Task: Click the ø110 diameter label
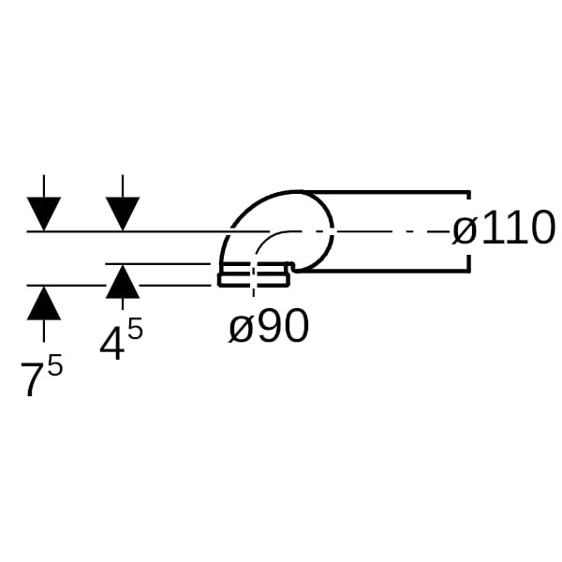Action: [x=504, y=228]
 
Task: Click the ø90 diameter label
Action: [x=269, y=326]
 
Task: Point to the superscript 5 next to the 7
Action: [x=55, y=364]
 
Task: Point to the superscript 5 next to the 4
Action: [x=135, y=329]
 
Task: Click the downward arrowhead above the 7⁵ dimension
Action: [x=44, y=214]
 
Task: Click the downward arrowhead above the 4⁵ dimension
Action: [x=123, y=214]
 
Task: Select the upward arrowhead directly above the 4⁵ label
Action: [x=123, y=281]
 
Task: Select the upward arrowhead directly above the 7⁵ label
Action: [x=44, y=303]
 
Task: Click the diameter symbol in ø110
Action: [x=465, y=231]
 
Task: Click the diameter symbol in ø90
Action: [x=240, y=329]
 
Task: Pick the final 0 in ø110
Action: [x=542, y=228]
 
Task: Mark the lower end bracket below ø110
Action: [x=468, y=264]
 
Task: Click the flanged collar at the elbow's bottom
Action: [x=255, y=274]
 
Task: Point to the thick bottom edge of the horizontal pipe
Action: [x=383, y=272]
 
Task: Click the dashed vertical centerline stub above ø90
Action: [x=254, y=279]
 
